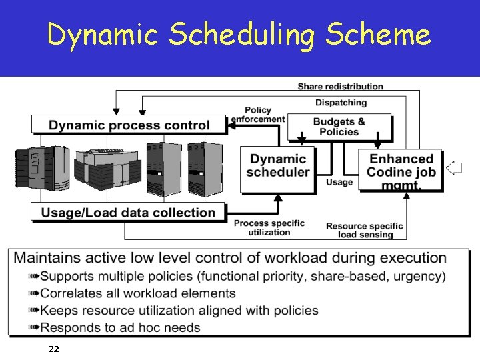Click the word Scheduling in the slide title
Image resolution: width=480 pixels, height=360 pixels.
[239, 35]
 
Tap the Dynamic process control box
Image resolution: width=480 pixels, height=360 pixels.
[129, 125]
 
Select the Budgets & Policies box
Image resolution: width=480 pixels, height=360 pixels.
[339, 127]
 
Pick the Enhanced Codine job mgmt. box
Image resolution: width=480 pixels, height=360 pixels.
[401, 170]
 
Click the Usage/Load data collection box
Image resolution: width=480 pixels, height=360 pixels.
[129, 213]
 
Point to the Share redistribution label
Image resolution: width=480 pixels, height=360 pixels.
[340, 86]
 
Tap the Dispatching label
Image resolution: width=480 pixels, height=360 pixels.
[341, 103]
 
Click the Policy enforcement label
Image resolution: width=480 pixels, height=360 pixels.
[257, 115]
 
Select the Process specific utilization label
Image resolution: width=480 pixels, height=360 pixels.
[269, 227]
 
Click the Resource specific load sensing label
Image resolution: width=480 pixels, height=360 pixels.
[365, 230]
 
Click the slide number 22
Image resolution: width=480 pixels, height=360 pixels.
[54, 349]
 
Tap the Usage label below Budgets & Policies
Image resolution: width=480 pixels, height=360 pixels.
[339, 183]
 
